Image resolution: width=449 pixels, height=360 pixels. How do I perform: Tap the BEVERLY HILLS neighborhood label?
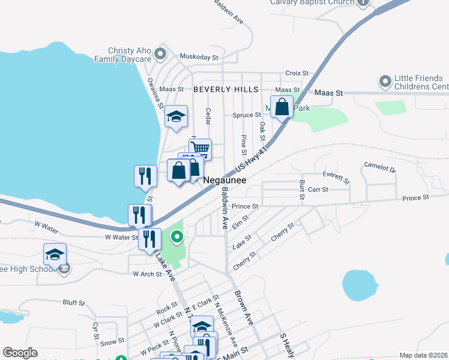coord(226,89)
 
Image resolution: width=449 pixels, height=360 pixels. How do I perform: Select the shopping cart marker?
coord(200,148)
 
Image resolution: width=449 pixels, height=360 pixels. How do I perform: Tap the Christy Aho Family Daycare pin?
coord(160,55)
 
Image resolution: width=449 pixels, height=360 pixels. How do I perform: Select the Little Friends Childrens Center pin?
coord(385,80)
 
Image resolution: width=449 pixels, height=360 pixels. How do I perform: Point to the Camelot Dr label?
coord(381,166)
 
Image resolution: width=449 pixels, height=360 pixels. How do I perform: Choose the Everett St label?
coord(336,177)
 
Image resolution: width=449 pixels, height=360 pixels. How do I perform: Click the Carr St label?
coord(318,190)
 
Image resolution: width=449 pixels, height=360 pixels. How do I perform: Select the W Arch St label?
coord(148,274)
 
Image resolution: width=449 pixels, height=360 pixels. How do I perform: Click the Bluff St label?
coord(74,304)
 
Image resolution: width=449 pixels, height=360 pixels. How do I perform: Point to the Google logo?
coord(20,353)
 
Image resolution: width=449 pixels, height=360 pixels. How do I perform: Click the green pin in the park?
coord(176,238)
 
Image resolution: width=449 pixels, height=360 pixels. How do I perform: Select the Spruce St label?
coord(247,115)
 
